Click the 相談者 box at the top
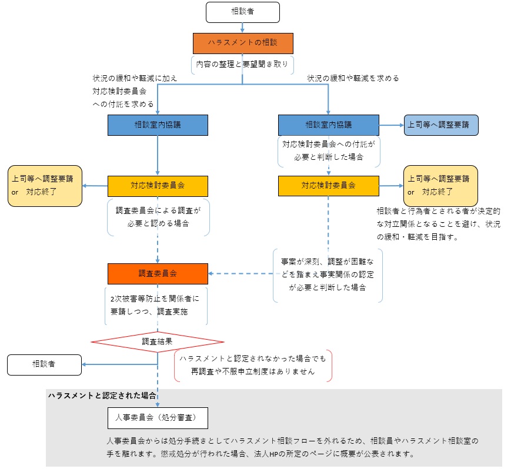[x=243, y=12]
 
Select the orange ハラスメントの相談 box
[x=243, y=43]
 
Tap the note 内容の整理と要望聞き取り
[x=243, y=63]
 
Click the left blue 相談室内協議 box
[x=158, y=125]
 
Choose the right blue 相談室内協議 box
[x=329, y=125]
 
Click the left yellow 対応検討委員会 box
[x=158, y=186]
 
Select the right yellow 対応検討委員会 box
[x=329, y=186]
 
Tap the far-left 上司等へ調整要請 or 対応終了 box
[x=44, y=186]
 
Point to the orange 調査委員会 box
[x=158, y=273]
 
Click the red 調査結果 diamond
[x=158, y=341]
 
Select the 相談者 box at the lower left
[x=44, y=364]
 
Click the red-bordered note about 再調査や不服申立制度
[x=253, y=365]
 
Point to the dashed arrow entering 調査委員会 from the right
[x=241, y=273]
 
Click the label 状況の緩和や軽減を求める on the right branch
[x=353, y=78]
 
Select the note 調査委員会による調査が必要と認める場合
[x=158, y=217]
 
